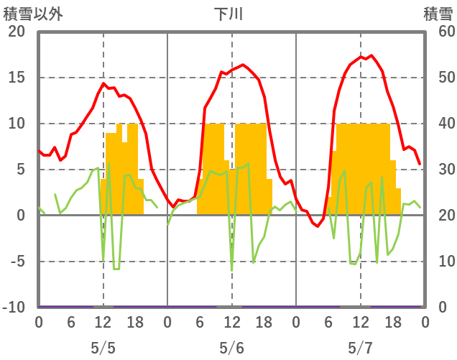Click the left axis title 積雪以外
28,14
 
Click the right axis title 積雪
437,14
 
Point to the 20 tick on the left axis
17,32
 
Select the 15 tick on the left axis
17,78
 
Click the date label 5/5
103,348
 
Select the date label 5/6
231,348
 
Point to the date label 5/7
360,348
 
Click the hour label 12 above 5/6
231,323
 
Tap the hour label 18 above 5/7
392,323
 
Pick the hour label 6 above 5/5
70,323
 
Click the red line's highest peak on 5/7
371,55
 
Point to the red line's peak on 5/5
103,83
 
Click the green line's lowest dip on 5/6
231,269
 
